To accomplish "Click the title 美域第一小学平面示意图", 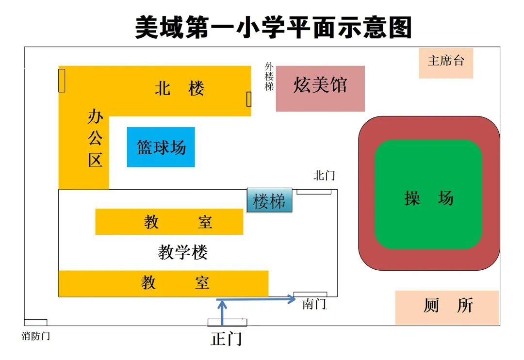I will pos(273,27).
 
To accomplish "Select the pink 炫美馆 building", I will pos(320,88).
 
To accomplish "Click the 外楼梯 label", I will pos(269,77).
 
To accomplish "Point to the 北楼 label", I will pos(180,89).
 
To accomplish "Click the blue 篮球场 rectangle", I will pos(161,147).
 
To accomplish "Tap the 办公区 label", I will pos(95,138).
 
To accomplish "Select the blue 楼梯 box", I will pos(269,200).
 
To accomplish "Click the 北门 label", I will pos(324,175).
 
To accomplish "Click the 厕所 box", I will pos(447,307).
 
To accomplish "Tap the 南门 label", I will pos(314,304).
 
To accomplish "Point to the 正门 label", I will pos(226,339).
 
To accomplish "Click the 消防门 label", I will pos(36,336).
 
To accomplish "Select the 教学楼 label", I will pos(183,252).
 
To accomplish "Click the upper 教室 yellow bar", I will pos(169,222).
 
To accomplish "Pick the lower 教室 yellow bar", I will pos(163,283).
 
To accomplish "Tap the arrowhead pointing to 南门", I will pos(291,299).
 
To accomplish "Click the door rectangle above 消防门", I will pos(35,323).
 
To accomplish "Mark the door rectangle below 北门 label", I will pos(314,192).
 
